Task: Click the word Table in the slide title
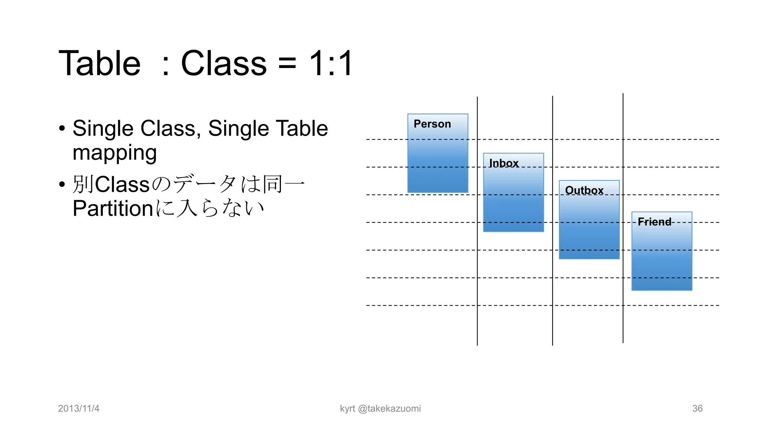pyautogui.click(x=100, y=63)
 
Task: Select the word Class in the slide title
pyautogui.click(x=224, y=63)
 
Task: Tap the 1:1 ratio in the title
pyautogui.click(x=331, y=63)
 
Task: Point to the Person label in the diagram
pyautogui.click(x=432, y=124)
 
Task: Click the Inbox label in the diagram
pyautogui.click(x=503, y=163)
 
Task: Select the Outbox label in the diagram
pyautogui.click(x=584, y=190)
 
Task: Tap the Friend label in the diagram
pyautogui.click(x=654, y=222)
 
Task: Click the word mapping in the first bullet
pyautogui.click(x=114, y=153)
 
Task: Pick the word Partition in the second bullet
pyautogui.click(x=113, y=208)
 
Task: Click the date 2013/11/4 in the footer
pyautogui.click(x=79, y=408)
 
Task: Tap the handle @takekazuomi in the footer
pyautogui.click(x=389, y=408)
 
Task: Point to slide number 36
pyautogui.click(x=697, y=408)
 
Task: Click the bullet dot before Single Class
pyautogui.click(x=62, y=129)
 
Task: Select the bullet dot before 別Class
pyautogui.click(x=62, y=184)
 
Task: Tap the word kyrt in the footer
pyautogui.click(x=347, y=409)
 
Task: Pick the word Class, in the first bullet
pyautogui.click(x=171, y=129)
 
